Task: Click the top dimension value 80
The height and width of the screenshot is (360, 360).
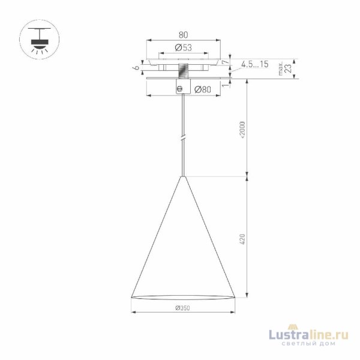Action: tap(183, 35)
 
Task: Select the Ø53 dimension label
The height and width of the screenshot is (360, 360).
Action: tap(183, 47)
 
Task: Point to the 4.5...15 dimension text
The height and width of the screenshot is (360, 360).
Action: tap(254, 64)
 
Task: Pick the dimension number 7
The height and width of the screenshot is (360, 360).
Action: tap(226, 62)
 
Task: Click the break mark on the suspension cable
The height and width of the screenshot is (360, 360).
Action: tap(183, 139)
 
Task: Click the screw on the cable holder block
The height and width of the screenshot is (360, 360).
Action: tap(178, 88)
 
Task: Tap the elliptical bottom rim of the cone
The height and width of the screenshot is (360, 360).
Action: tap(182, 297)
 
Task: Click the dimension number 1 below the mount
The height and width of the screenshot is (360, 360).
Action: tap(226, 85)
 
